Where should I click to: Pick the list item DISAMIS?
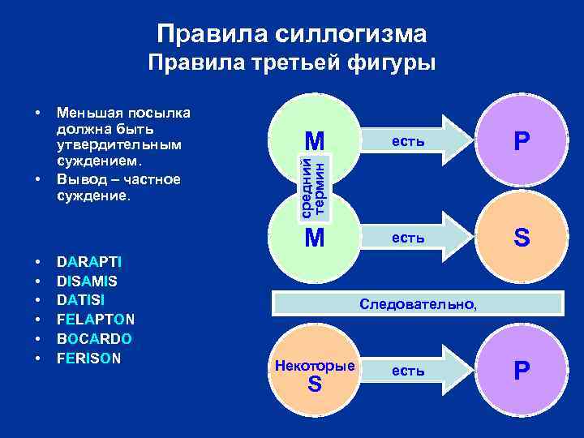click(88, 281)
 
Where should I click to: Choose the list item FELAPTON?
click(96, 319)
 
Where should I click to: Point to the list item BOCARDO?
click(94, 337)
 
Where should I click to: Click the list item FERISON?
click(88, 356)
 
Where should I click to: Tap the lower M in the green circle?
click(314, 238)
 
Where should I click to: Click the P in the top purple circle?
click(522, 142)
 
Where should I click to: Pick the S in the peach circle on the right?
click(522, 238)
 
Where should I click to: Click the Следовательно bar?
click(419, 303)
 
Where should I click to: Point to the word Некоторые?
click(315, 366)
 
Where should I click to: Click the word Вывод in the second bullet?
click(78, 178)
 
